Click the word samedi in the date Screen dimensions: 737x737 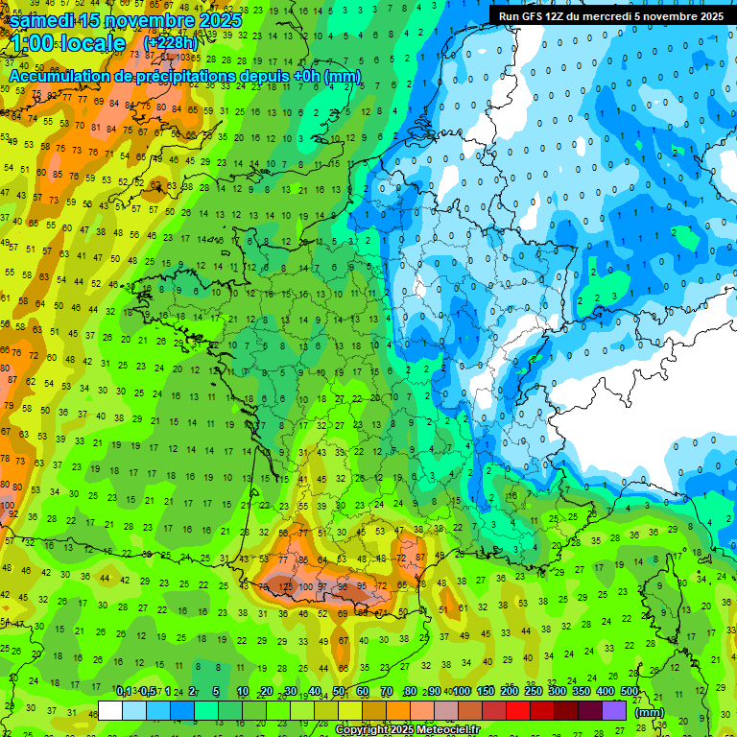pos(47,20)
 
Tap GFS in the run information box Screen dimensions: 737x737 pos(530,16)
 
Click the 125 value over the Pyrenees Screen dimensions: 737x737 pos(285,585)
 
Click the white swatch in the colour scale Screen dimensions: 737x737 pos(110,710)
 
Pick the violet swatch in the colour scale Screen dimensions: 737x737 pos(614,710)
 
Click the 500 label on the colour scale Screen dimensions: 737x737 pos(630,691)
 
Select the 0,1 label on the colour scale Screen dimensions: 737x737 pos(123,691)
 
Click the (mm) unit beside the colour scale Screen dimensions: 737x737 pos(650,712)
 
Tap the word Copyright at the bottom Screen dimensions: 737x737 pos(366,730)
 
